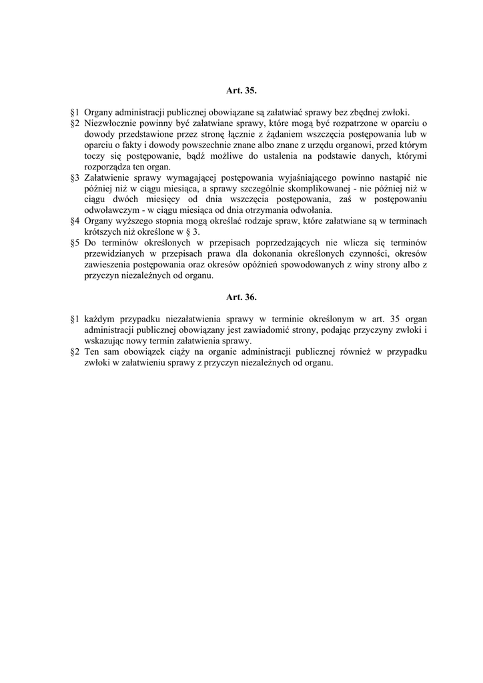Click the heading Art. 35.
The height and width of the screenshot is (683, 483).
pyautogui.click(x=241, y=89)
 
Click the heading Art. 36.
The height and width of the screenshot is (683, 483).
pyautogui.click(x=241, y=297)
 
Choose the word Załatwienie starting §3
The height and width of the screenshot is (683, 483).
pyautogui.click(x=109, y=178)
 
